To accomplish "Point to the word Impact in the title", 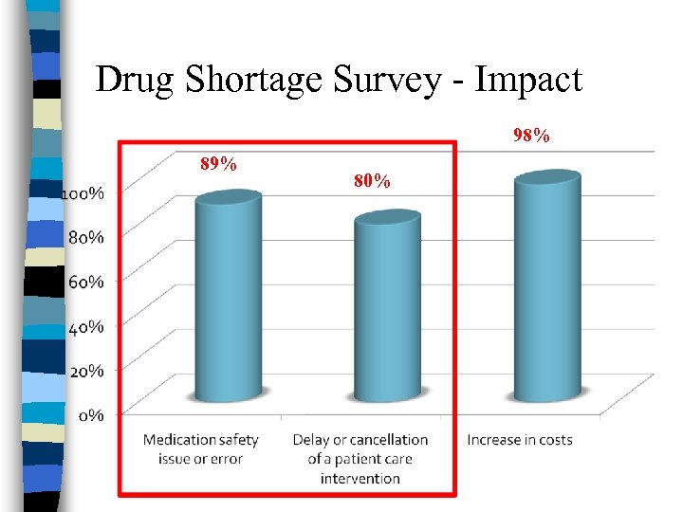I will pyautogui.click(x=528, y=82).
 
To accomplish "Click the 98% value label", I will pyautogui.click(x=531, y=137).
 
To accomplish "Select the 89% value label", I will pyautogui.click(x=218, y=164).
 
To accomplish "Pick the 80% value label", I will pyautogui.click(x=372, y=180).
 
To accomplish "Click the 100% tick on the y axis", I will pyautogui.click(x=83, y=193).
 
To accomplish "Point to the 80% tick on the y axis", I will pyautogui.click(x=86, y=237).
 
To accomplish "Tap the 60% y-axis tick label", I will pyautogui.click(x=86, y=282).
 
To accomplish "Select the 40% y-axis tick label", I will pyautogui.click(x=86, y=326).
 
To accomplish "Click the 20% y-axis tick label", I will pyautogui.click(x=86, y=371).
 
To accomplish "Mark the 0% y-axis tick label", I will pyautogui.click(x=91, y=415).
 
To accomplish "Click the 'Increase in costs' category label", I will pyautogui.click(x=520, y=440).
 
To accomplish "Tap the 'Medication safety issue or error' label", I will pyautogui.click(x=200, y=449).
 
